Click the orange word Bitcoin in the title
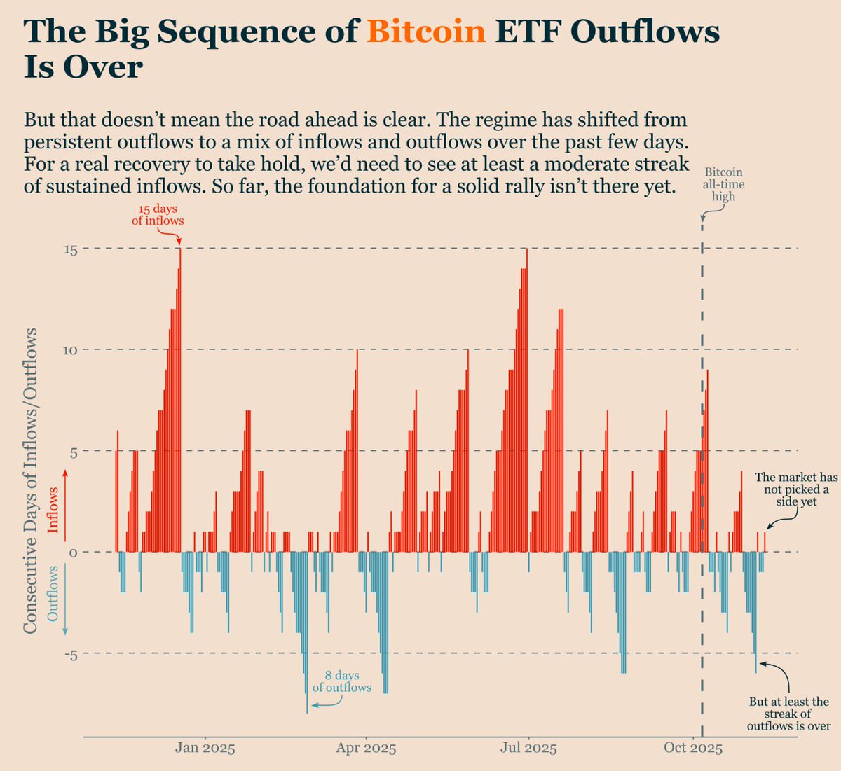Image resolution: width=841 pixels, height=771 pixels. click(426, 32)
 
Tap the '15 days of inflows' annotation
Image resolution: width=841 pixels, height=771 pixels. click(158, 215)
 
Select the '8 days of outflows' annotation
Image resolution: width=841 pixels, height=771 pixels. click(342, 681)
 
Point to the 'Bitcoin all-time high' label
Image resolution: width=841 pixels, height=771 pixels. click(723, 184)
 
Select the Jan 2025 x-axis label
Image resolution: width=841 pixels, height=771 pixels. click(205, 748)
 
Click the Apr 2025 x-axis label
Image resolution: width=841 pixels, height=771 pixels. click(365, 748)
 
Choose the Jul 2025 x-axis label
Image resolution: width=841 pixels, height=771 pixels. click(528, 748)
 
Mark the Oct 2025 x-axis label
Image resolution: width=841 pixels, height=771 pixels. click(692, 748)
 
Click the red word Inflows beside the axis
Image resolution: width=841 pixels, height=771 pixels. click(53, 510)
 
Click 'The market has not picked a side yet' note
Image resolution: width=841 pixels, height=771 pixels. click(796, 489)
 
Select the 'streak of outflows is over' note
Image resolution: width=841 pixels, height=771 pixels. click(788, 714)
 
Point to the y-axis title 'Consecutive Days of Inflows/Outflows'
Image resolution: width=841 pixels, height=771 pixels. click(30, 482)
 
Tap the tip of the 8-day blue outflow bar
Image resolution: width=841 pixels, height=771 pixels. click(307, 712)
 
